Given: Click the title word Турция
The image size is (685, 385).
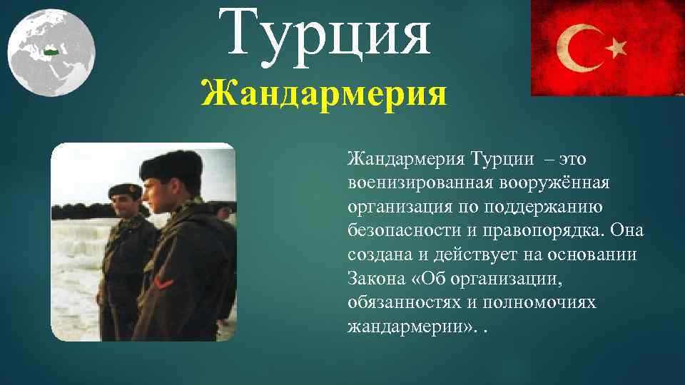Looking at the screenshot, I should (x=329, y=34).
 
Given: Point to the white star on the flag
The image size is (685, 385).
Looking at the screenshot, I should (x=615, y=48).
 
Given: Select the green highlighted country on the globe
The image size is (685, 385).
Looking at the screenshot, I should (x=50, y=51).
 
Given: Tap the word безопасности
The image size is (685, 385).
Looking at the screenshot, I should (x=401, y=231).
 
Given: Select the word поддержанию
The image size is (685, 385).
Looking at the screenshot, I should (x=544, y=207).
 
